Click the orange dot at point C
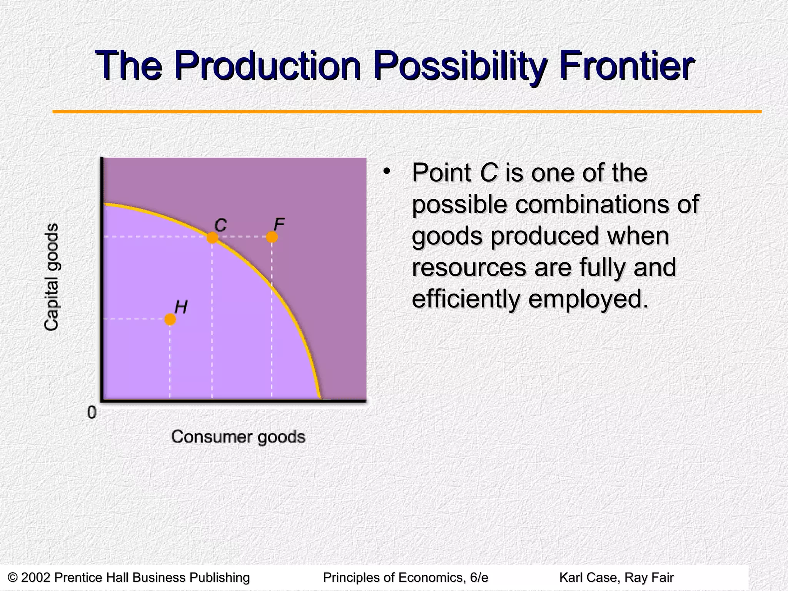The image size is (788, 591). point(212,238)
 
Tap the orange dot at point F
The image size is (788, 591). point(272,237)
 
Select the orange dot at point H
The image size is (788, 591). point(170,319)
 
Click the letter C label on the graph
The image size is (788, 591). point(220,225)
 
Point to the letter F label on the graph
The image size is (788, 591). point(279,224)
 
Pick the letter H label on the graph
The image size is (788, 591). point(181,307)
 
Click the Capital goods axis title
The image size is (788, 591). point(52,277)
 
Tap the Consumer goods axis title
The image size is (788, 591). point(238,437)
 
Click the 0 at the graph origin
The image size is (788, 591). point(92,413)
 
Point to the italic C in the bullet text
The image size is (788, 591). point(488,173)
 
